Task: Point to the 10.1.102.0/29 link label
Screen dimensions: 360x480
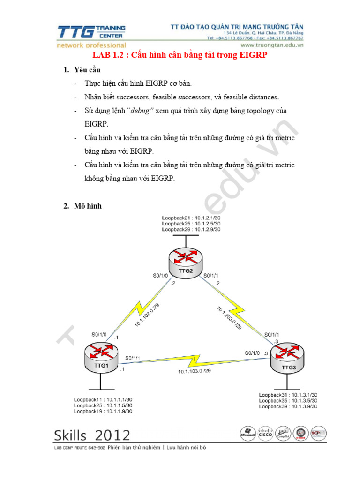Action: click(x=147, y=315)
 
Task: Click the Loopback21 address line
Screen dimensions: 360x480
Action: click(x=191, y=218)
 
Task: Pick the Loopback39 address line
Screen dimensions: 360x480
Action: click(x=288, y=406)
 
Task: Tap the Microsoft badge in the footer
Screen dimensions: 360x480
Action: click(x=247, y=433)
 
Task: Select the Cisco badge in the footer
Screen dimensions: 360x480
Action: click(x=265, y=433)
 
